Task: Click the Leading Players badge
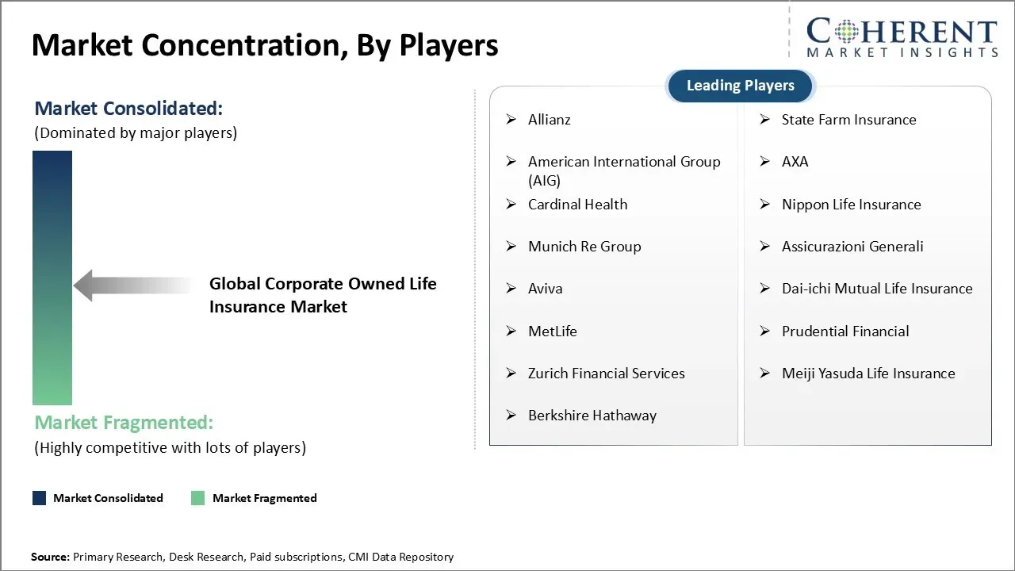pos(741,86)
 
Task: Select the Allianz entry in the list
pos(550,120)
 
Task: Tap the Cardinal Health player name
pos(578,205)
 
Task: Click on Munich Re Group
pos(584,247)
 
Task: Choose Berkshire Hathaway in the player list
pos(592,416)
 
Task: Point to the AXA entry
pos(795,162)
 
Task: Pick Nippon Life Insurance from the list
pos(852,205)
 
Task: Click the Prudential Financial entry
pos(845,331)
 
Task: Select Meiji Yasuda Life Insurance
pos(868,374)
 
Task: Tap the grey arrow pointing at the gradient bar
pos(132,285)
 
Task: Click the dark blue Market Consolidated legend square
pos(40,498)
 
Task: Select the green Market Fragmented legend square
pos(198,498)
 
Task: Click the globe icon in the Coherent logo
pos(846,32)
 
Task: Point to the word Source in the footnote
pos(50,557)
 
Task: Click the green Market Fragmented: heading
pos(124,423)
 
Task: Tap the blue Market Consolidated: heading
pos(128,109)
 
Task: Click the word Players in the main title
pos(449,45)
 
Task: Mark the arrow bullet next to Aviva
pos(511,289)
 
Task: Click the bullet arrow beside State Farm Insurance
pos(765,120)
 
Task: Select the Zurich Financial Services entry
pos(607,374)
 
